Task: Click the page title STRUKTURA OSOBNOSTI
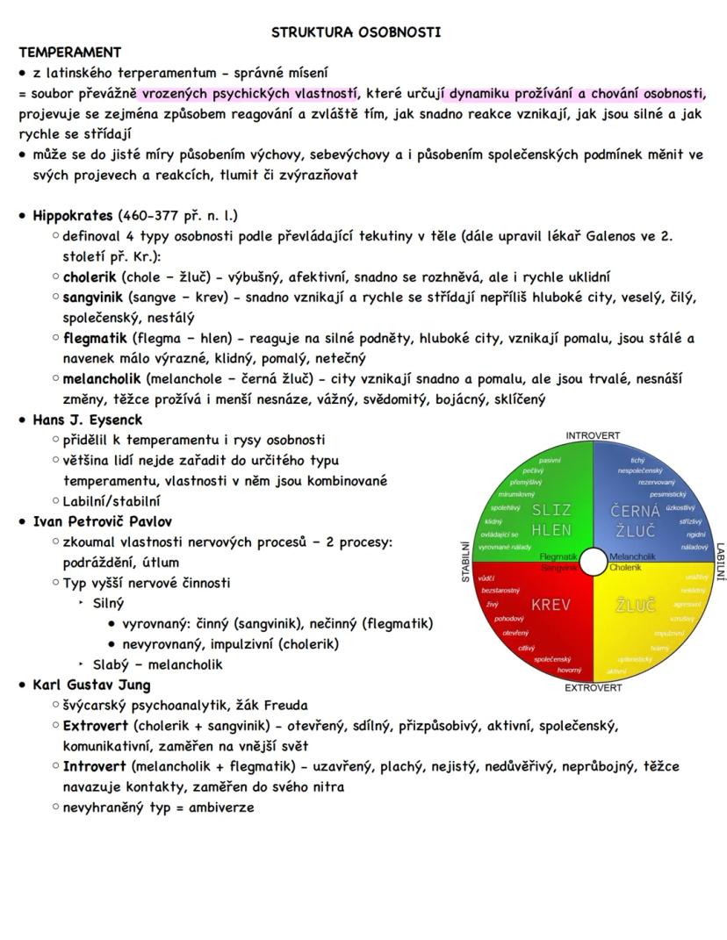(x=356, y=32)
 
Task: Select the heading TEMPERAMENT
(x=70, y=53)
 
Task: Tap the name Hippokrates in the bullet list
(x=72, y=215)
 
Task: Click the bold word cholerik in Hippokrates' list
(x=92, y=276)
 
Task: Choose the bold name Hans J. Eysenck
(x=87, y=420)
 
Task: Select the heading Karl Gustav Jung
(x=91, y=685)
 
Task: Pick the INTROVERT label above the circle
(x=593, y=435)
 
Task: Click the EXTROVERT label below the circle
(x=593, y=687)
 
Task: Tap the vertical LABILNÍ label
(x=720, y=561)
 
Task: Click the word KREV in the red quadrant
(x=551, y=606)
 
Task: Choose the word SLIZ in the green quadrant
(x=551, y=510)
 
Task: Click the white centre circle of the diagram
(x=594, y=561)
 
